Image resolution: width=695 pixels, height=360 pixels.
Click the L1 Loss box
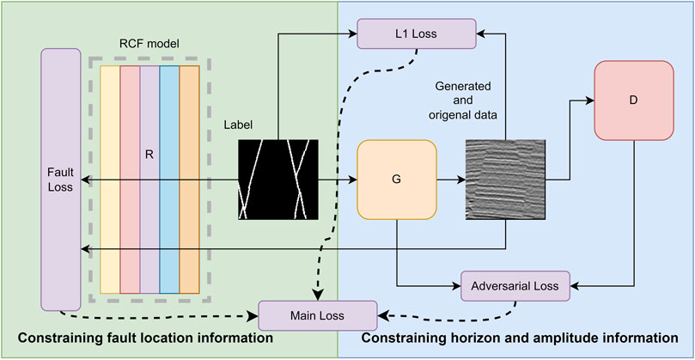[417, 34]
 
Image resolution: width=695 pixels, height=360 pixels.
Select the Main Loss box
[317, 315]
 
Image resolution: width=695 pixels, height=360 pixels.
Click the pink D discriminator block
[633, 100]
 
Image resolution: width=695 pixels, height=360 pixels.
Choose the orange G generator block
[397, 181]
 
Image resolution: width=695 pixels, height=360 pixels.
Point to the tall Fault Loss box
[59, 179]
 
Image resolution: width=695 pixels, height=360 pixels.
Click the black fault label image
[277, 179]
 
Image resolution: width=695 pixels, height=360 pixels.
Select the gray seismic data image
[505, 179]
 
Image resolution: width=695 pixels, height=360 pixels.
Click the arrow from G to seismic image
[451, 180]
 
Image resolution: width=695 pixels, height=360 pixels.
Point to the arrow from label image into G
[338, 180]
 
